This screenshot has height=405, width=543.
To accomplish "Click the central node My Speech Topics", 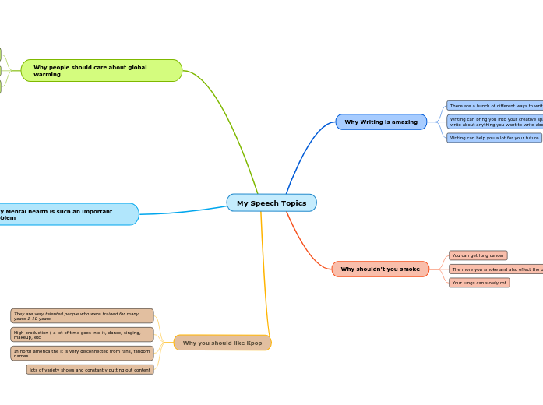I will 271,203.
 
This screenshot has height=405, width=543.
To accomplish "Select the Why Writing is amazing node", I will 381,122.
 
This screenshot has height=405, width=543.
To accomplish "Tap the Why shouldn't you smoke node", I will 380,269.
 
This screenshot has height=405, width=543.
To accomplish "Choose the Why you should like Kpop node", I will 222,343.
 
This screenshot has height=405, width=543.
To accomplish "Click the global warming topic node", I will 101,71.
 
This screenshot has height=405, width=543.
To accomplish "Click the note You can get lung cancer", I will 478,255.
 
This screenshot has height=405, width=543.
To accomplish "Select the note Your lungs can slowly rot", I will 479,283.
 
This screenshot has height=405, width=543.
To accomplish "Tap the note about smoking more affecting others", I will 495,269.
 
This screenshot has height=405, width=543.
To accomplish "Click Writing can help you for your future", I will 494,138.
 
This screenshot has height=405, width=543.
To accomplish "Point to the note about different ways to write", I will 495,106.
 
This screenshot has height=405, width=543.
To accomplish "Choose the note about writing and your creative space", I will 495,121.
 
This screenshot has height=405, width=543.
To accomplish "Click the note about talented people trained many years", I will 82,316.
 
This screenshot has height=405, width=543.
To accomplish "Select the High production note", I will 82,335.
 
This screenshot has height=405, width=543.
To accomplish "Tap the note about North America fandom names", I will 82,354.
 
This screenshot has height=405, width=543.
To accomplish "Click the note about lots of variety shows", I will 90,370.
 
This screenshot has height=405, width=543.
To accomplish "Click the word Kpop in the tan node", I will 253,343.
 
